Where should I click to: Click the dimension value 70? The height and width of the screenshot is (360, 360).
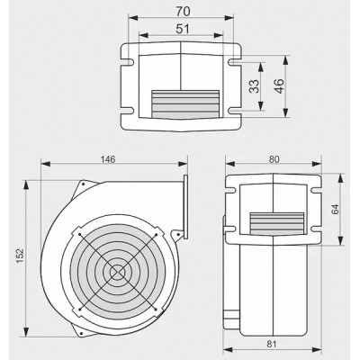click(x=183, y=12)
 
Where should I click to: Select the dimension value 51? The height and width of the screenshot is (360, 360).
click(x=183, y=29)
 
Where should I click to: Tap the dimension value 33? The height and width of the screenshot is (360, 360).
click(x=255, y=86)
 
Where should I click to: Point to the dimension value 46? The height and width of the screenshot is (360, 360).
click(x=279, y=86)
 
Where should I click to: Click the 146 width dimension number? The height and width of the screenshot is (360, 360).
click(x=108, y=159)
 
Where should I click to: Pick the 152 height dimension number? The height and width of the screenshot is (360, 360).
click(x=20, y=256)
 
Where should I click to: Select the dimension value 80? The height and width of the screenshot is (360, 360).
click(x=274, y=159)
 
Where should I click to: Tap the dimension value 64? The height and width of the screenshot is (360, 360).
click(x=335, y=209)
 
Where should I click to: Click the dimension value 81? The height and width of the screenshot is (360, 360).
click(x=272, y=344)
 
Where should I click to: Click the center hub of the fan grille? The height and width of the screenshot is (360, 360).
click(x=118, y=272)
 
